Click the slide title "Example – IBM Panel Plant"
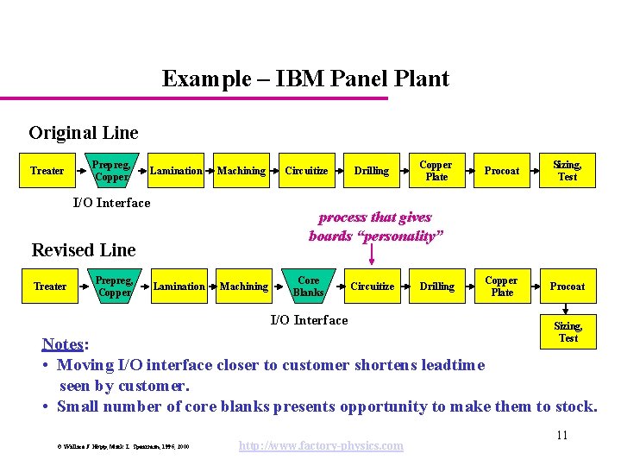point(305,79)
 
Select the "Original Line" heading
point(83,133)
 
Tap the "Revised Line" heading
point(84,250)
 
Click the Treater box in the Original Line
point(47,171)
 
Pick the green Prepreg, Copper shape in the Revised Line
point(114,287)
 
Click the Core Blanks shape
point(308,287)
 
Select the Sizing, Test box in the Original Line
point(567,171)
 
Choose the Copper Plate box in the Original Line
point(436,171)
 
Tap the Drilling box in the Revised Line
point(436,287)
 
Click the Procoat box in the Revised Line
point(567,287)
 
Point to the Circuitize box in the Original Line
point(306,171)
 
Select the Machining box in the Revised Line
point(244,287)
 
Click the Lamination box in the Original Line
point(176,171)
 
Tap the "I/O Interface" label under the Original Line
point(111,203)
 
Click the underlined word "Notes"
point(63,344)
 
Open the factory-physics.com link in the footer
point(321,445)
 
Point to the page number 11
point(561,435)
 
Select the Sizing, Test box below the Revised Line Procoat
point(567,332)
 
